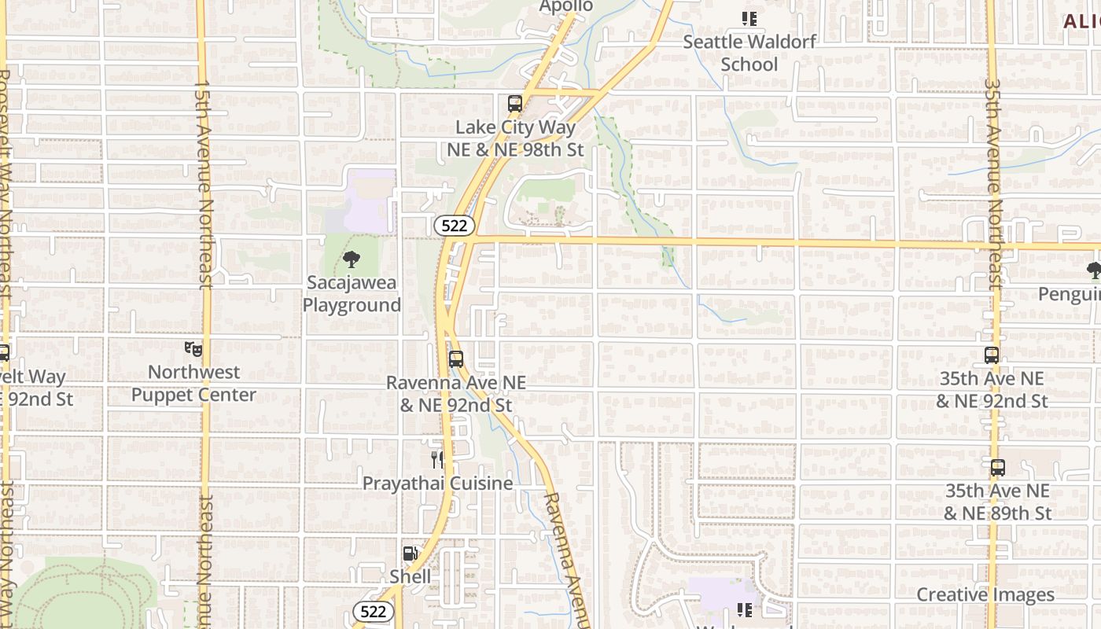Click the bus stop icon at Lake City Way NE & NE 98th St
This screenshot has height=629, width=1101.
click(x=515, y=103)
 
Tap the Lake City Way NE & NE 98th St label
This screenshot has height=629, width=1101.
click(x=516, y=138)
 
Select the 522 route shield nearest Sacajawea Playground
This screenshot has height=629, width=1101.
click(x=454, y=226)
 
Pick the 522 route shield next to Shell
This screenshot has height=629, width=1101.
click(x=373, y=611)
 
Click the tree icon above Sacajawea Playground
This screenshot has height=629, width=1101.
click(x=352, y=259)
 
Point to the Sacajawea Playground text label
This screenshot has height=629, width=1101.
click(x=352, y=293)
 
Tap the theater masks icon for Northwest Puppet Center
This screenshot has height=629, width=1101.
click(x=193, y=348)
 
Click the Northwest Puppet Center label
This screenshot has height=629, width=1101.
click(x=193, y=383)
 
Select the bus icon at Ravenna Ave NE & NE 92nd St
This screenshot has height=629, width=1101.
click(x=455, y=359)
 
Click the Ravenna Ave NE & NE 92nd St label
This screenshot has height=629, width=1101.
click(x=456, y=393)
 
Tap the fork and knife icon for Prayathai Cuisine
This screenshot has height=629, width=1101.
click(x=437, y=460)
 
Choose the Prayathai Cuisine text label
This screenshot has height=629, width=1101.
click(x=437, y=483)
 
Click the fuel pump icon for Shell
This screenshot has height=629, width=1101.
click(x=410, y=554)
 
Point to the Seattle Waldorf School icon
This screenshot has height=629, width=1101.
click(x=749, y=18)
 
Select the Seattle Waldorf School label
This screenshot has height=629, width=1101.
click(x=749, y=53)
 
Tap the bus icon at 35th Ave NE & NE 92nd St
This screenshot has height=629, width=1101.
click(x=991, y=355)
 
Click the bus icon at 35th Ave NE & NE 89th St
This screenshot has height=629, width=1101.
click(x=997, y=468)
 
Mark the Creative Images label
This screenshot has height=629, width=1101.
click(x=985, y=594)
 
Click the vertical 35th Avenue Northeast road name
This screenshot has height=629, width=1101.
click(x=993, y=185)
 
